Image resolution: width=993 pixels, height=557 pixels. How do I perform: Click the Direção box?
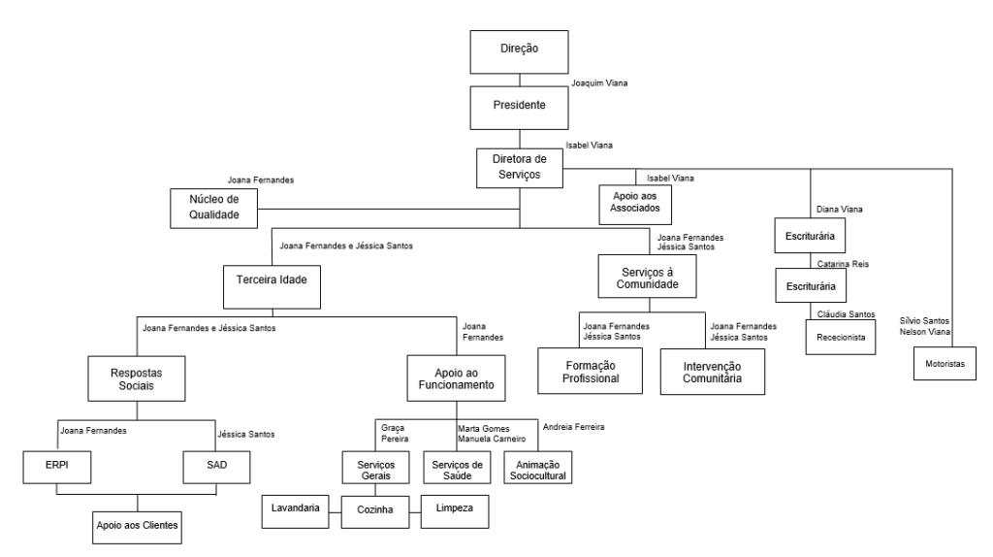tap(519, 52)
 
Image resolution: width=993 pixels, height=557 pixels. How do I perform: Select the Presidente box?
tap(519, 108)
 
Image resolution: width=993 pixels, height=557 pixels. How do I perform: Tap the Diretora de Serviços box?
tap(520, 168)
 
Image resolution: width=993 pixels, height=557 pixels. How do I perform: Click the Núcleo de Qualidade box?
tap(213, 209)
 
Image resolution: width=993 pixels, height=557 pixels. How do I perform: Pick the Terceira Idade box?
tap(272, 287)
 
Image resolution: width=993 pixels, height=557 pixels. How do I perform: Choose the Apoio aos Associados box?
tap(635, 204)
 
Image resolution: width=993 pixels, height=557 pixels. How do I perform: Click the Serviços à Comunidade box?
tap(647, 277)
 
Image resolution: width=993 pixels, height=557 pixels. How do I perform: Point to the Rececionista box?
tap(841, 337)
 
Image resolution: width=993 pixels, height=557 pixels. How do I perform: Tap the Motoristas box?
tap(945, 363)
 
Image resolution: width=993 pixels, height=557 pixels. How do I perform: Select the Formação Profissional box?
tap(591, 371)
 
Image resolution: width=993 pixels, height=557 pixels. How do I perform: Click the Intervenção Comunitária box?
tap(713, 372)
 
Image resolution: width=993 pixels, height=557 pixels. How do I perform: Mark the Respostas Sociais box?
tap(136, 378)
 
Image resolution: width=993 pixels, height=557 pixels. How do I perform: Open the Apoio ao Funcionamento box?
tap(456, 378)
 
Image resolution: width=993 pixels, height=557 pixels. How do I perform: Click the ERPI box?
tap(57, 467)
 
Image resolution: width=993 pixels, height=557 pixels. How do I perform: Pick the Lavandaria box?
tap(295, 511)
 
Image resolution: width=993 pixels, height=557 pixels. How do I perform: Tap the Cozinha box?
tap(375, 512)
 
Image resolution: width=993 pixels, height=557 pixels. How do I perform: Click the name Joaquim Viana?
tap(599, 83)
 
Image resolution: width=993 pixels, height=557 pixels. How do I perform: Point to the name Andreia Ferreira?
tap(573, 427)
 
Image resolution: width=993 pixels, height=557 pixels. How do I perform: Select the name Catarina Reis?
tap(843, 264)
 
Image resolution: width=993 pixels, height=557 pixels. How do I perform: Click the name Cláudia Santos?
tap(846, 314)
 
